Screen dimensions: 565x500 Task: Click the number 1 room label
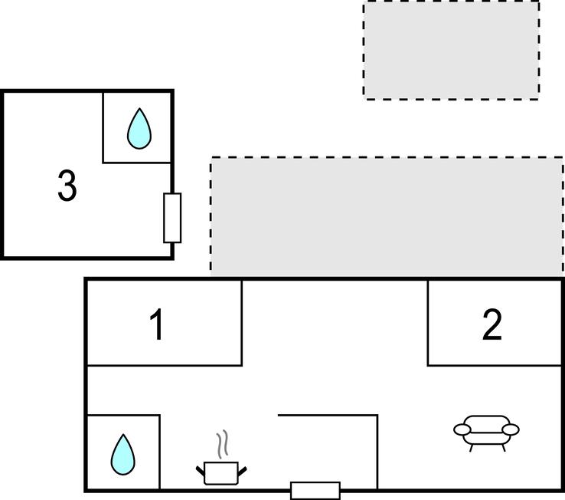157,325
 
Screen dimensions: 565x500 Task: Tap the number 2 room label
492,324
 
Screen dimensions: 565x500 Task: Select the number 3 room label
67,186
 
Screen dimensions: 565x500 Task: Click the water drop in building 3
139,129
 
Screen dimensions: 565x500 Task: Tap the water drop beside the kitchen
122,455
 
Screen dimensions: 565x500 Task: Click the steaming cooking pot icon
221,457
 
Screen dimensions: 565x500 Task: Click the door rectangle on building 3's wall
172,218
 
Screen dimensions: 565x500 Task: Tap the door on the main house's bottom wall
315,491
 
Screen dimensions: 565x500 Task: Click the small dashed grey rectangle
451,50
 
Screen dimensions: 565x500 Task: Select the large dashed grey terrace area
387,217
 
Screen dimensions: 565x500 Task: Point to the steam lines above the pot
223,444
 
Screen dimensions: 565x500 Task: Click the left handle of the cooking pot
201,471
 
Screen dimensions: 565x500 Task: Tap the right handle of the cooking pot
243,471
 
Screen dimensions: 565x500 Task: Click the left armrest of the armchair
462,429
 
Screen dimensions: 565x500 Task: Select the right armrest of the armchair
511,429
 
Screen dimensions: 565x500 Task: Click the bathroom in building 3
136,127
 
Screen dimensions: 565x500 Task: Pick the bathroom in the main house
123,452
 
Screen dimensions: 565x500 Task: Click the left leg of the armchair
472,448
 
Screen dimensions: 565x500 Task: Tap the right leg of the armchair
504,448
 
